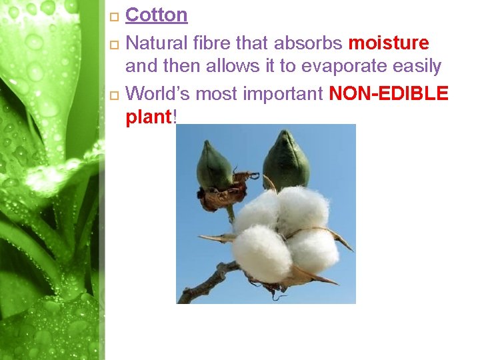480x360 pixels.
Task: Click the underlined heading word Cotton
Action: point(156,15)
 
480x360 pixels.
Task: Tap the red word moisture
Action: point(389,43)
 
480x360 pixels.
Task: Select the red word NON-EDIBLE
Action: point(389,94)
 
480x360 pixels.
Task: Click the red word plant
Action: point(149,117)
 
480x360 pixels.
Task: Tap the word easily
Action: point(417,67)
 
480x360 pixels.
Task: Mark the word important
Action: point(286,94)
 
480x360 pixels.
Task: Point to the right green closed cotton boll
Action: point(286,159)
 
